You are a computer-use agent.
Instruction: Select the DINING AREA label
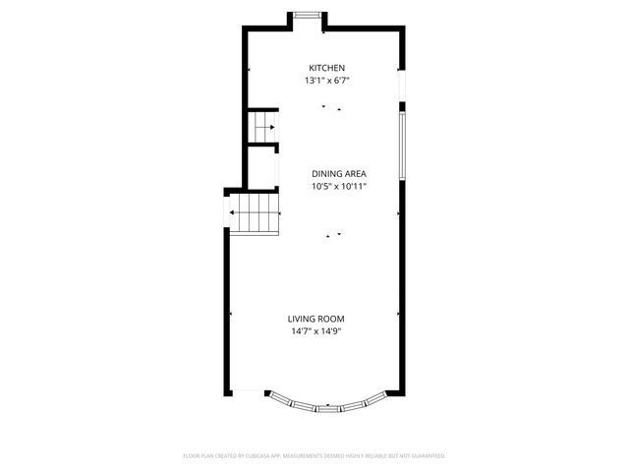(x=339, y=174)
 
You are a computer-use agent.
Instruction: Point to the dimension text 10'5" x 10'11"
(x=339, y=186)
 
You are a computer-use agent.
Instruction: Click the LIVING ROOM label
(x=315, y=319)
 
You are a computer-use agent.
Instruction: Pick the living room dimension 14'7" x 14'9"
(x=315, y=331)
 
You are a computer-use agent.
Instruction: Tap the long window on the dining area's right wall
(x=401, y=145)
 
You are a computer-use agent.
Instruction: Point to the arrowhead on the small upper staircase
(x=271, y=127)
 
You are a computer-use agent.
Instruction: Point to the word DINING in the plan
(x=326, y=174)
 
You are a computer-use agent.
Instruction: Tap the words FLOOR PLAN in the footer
(x=200, y=456)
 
